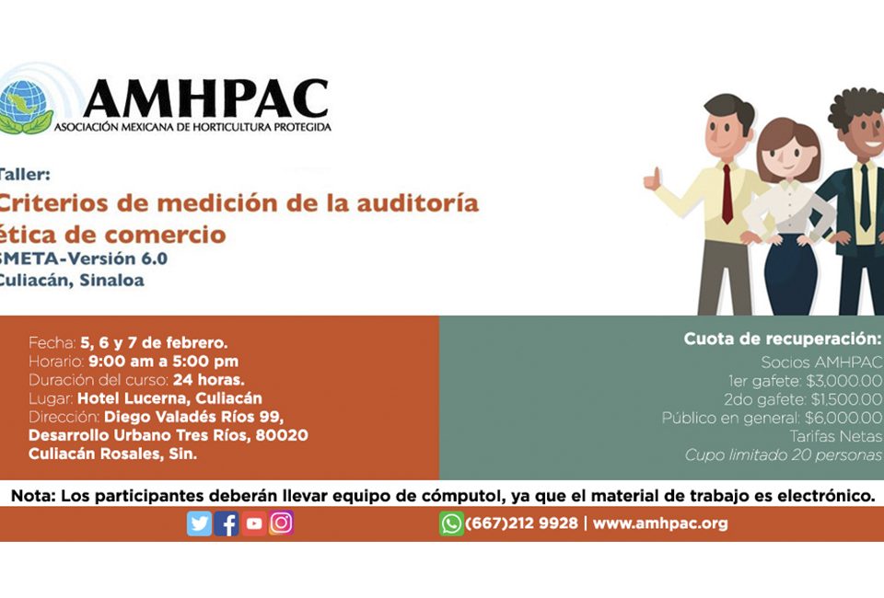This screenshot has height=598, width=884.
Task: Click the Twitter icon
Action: pos(199,523)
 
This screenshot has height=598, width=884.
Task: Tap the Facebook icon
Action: pos(227,523)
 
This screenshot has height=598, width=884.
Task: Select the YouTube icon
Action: pos(254,523)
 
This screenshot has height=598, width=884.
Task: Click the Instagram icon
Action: pos(282,523)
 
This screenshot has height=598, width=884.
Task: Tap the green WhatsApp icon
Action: pos(451,523)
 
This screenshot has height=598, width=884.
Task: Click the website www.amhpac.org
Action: pos(660,523)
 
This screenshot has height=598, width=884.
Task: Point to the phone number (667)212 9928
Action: pos(521,523)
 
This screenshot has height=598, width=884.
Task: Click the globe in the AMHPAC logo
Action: pos(24,105)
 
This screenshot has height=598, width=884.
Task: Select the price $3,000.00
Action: pos(844,381)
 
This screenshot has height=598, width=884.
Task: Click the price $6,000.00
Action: pos(843,419)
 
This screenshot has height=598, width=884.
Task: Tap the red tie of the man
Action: pos(727,194)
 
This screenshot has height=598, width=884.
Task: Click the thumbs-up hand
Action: pos(652,178)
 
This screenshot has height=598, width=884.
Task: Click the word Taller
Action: pos(24,175)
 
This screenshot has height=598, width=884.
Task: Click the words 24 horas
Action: pos(209,380)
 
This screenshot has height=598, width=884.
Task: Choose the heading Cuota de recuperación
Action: pos(783,339)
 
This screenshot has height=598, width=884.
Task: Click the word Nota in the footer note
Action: pos(33,496)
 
